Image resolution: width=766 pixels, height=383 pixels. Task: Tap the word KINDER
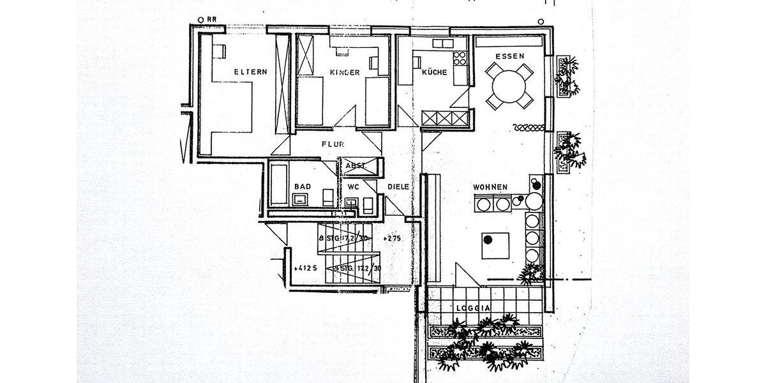345,73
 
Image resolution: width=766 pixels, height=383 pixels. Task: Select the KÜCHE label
434,73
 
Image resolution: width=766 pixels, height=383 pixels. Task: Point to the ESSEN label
509,56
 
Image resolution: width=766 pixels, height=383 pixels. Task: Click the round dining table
509,85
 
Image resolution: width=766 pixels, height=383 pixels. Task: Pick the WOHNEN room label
490,187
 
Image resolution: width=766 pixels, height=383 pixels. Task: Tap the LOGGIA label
473,308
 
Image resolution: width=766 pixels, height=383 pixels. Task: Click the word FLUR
333,144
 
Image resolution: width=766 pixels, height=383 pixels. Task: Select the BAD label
302,187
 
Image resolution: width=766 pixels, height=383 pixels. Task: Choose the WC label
353,187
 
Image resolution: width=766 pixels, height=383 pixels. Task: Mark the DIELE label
398,187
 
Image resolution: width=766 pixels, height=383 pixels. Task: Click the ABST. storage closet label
355,166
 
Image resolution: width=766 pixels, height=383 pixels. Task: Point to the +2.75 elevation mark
391,238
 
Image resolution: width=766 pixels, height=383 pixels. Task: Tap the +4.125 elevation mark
306,269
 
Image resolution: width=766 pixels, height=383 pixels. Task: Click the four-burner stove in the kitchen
460,59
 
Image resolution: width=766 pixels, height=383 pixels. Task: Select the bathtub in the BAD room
278,184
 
